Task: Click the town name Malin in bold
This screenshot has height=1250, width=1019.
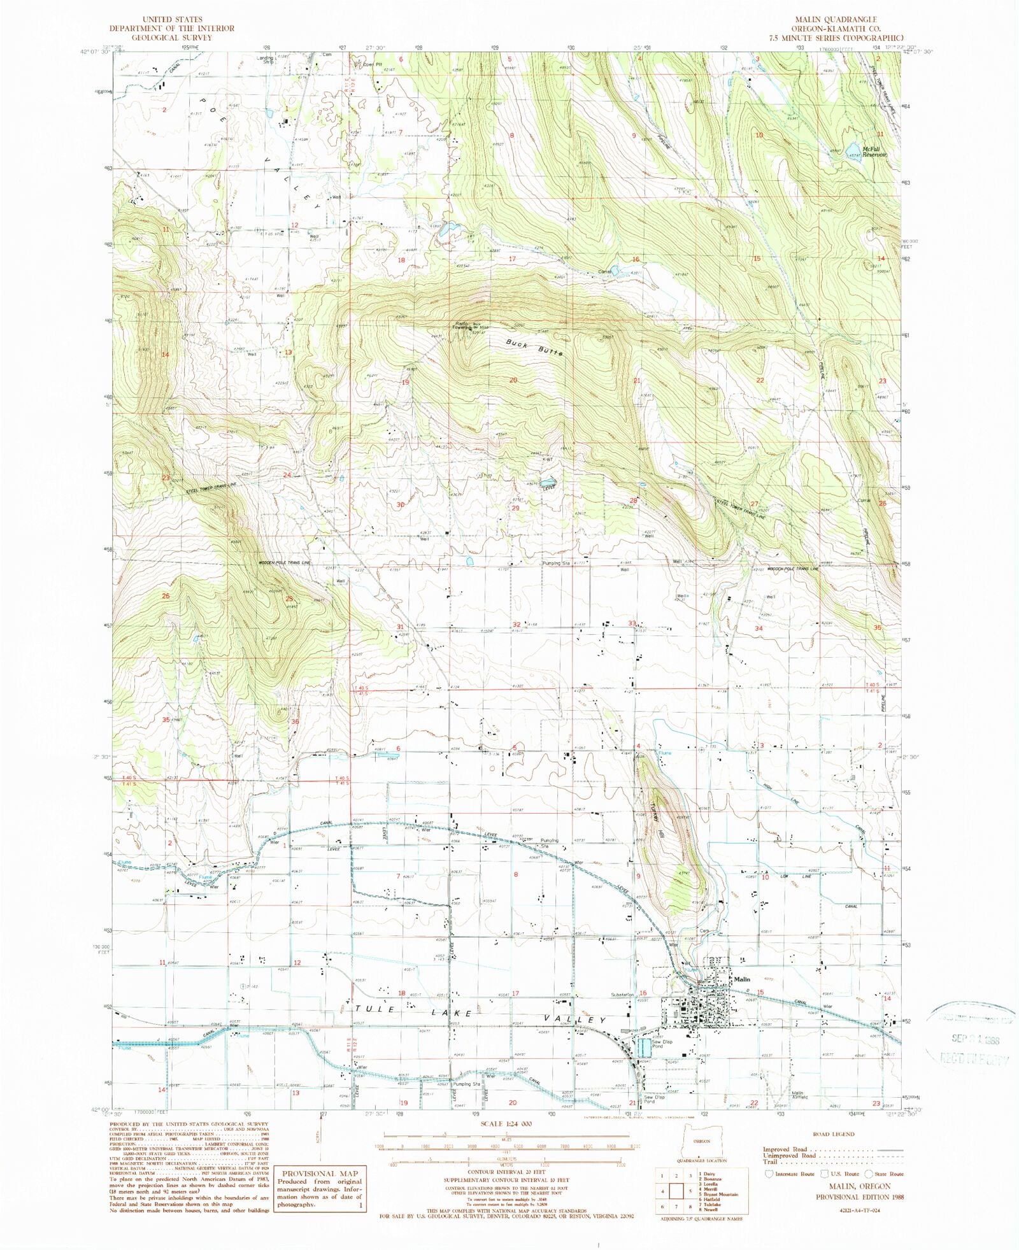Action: [x=742, y=979]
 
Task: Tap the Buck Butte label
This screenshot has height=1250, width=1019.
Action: [x=534, y=347]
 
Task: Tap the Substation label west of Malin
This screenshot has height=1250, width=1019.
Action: [x=625, y=993]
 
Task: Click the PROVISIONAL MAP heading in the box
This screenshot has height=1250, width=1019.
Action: [x=320, y=1174]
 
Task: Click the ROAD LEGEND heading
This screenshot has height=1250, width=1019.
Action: [x=834, y=1134]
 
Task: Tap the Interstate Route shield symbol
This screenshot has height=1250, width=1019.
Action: [x=769, y=1174]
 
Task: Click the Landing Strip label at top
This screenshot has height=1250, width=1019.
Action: [x=266, y=59]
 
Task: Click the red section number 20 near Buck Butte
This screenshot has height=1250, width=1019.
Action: [x=513, y=380]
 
